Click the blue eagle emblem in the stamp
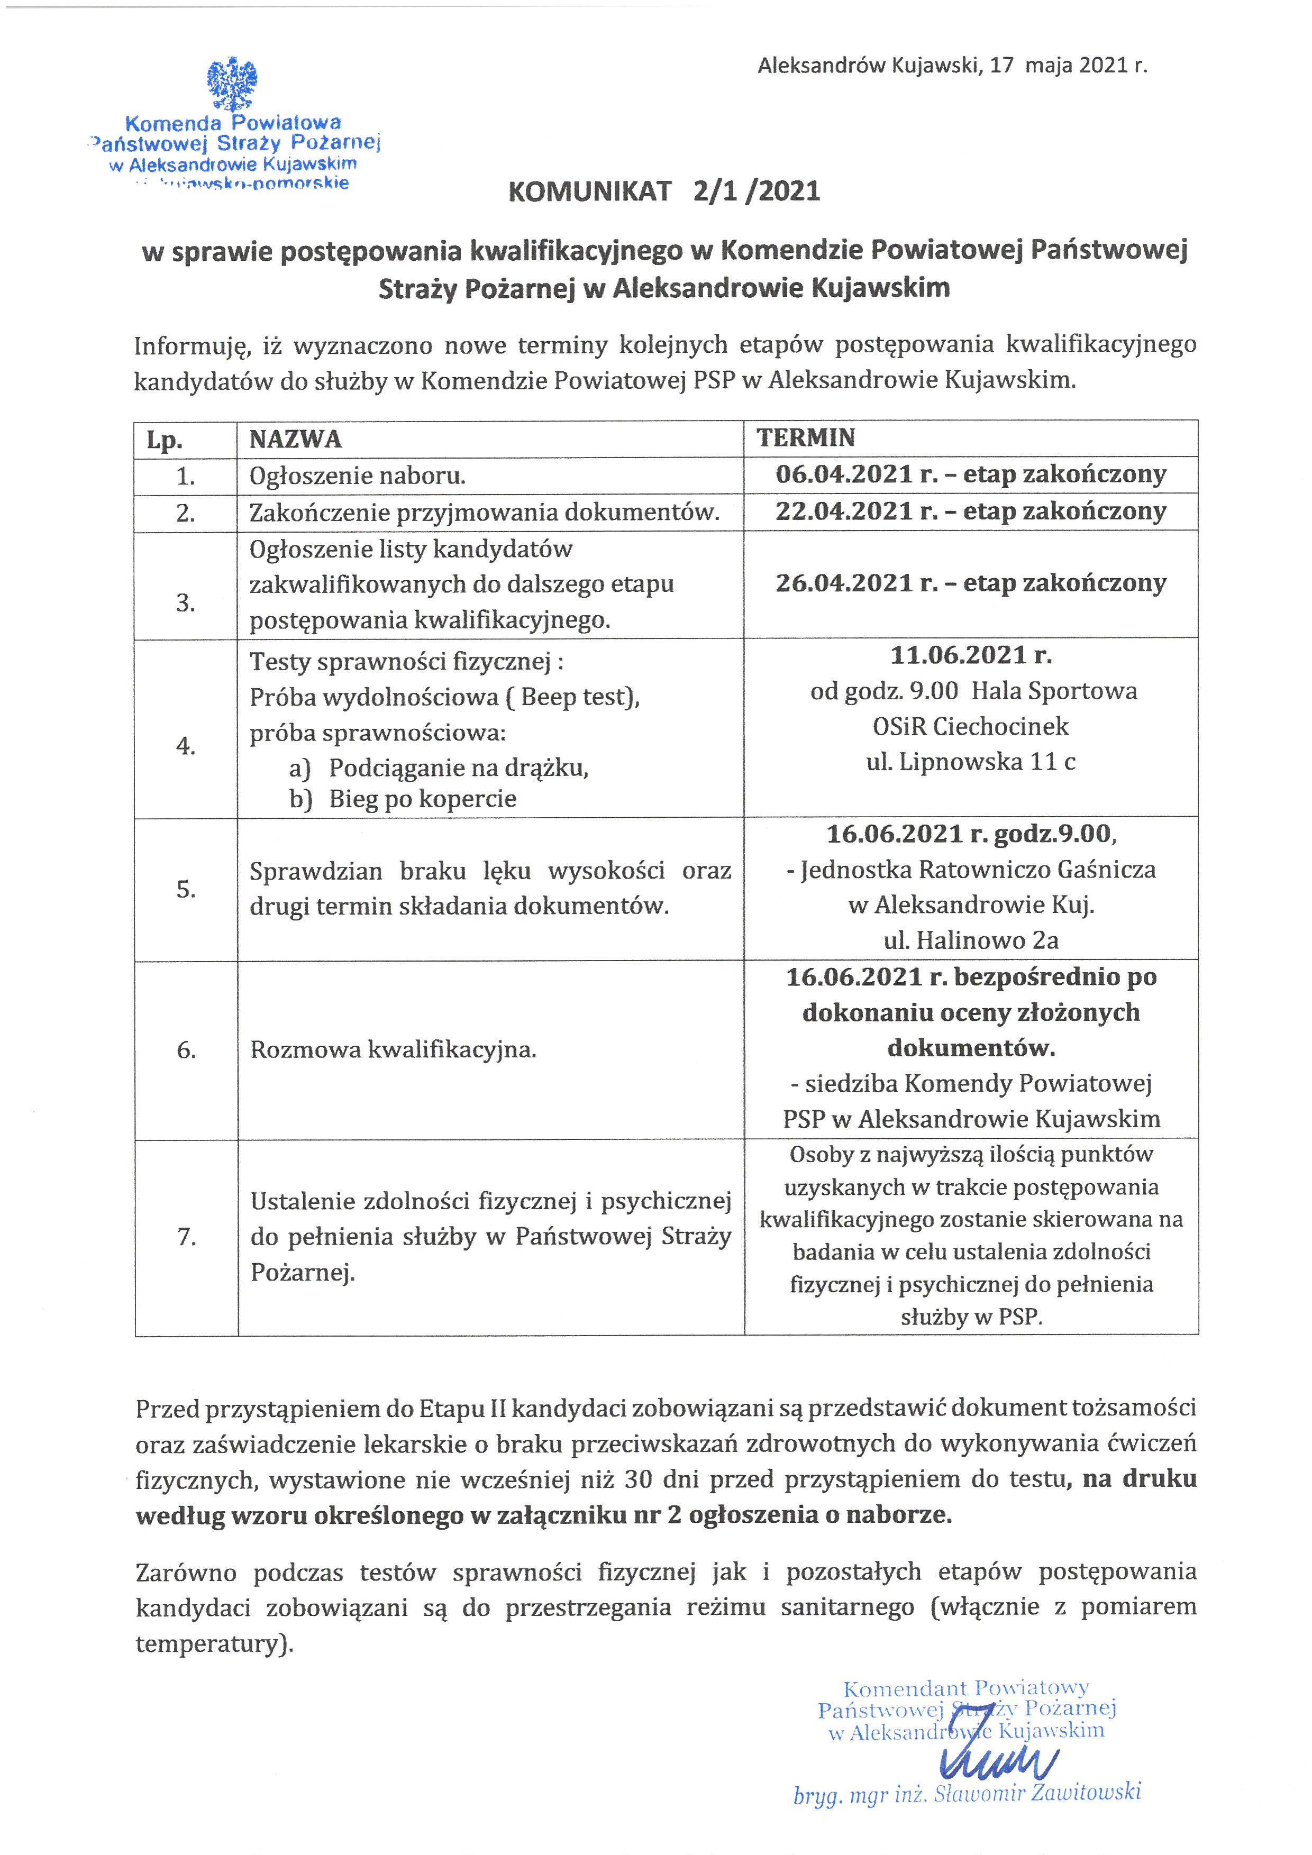tap(232, 83)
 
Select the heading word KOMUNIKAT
tap(590, 191)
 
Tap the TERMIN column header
tap(806, 438)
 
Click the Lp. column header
tap(165, 440)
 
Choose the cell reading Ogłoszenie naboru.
tap(357, 476)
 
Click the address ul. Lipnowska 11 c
tap(971, 762)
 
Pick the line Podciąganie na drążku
tap(458, 767)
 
